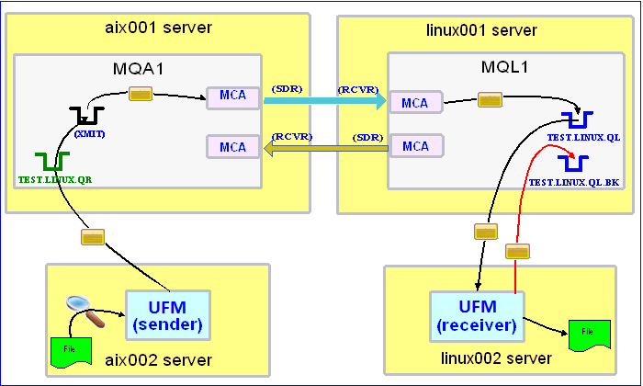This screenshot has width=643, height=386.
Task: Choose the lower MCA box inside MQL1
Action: [416, 145]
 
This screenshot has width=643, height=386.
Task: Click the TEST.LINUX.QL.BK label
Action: [575, 183]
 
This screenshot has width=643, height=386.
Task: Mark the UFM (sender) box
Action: [168, 313]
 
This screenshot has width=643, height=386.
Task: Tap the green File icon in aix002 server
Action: [70, 350]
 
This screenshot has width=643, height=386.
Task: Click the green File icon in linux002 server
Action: [588, 335]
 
